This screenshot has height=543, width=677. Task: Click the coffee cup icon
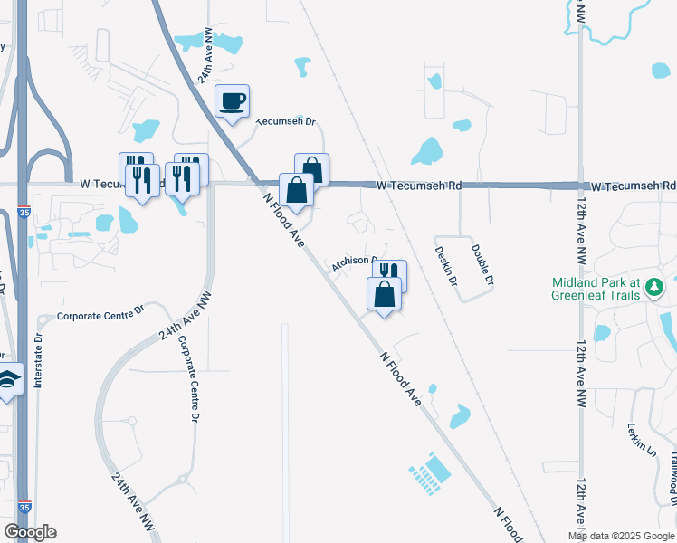click(233, 100)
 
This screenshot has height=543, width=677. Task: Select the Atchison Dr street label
click(353, 262)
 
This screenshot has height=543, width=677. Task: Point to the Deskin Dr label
click(443, 266)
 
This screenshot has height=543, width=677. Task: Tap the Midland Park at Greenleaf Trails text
click(596, 289)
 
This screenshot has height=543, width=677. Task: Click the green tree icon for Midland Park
click(654, 289)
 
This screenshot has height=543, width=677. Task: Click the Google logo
click(30, 532)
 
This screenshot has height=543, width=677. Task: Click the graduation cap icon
click(8, 379)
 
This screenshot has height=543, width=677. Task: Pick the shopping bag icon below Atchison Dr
click(384, 293)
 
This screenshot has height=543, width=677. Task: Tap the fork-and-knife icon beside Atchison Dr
click(390, 274)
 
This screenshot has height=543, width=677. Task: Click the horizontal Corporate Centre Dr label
click(100, 315)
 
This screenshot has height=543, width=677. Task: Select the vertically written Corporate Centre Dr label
click(187, 380)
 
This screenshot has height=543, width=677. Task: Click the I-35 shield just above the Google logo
click(24, 508)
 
